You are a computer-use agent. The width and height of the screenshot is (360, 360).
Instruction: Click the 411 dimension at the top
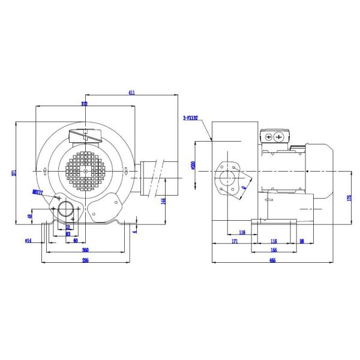pyautogui.click(x=132, y=92)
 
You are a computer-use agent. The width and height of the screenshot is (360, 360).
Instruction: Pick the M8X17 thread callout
pyautogui.click(x=38, y=192)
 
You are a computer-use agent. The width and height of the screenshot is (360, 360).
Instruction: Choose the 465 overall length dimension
pyautogui.click(x=272, y=260)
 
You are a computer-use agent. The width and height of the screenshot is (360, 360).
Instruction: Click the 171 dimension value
pyautogui.click(x=235, y=241)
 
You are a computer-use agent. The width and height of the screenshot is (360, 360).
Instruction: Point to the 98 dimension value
pyautogui.click(x=301, y=241)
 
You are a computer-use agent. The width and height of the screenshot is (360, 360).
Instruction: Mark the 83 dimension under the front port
pyautogui.click(x=68, y=234)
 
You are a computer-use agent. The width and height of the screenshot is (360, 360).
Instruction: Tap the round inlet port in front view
pyautogui.click(x=65, y=211)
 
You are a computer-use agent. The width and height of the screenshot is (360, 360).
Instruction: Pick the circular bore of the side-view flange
pyautogui.click(x=228, y=178)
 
